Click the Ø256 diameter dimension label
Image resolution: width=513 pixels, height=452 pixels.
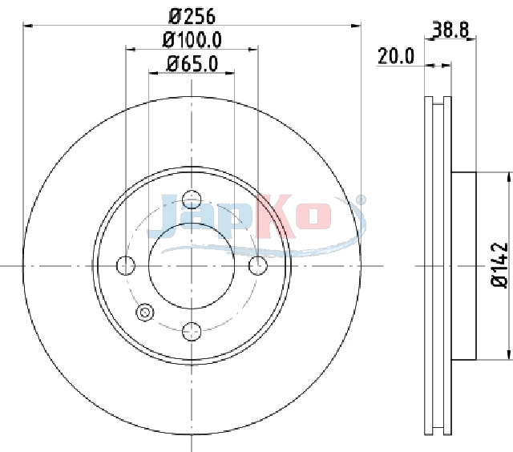point(192,16)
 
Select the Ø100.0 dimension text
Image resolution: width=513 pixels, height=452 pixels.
point(192,40)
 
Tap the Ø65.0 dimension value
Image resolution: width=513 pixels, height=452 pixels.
point(192,64)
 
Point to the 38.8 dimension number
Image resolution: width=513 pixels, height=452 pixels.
point(450,30)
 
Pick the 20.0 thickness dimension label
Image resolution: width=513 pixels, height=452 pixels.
point(396,56)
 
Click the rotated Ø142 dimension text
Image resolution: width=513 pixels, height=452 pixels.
point(500,265)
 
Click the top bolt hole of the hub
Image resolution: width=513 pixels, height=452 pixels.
point(192,200)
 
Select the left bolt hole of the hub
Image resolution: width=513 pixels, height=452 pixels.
point(126,265)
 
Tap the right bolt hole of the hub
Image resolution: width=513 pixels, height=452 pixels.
point(258,265)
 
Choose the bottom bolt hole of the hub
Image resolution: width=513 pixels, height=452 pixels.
point(192,331)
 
